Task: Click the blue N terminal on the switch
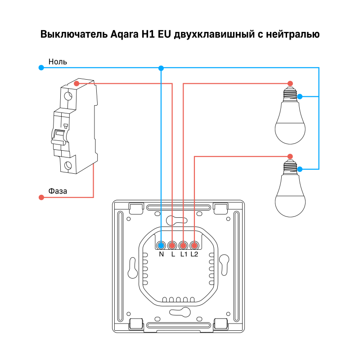pos(161,245)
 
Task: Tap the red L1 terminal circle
pos(183,245)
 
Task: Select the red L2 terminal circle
pos(194,245)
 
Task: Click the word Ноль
pos(58,62)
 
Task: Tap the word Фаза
pos(58,191)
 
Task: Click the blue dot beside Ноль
pos(41,68)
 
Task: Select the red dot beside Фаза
pos(41,198)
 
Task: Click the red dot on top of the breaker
pos(76,83)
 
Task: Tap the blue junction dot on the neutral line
pos(161,68)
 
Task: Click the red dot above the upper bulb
pos(290,83)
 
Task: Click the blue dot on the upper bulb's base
pos(300,96)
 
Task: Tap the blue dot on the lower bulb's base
pos(300,169)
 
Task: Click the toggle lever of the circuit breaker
pos(58,136)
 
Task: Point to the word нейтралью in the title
pos(292,35)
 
